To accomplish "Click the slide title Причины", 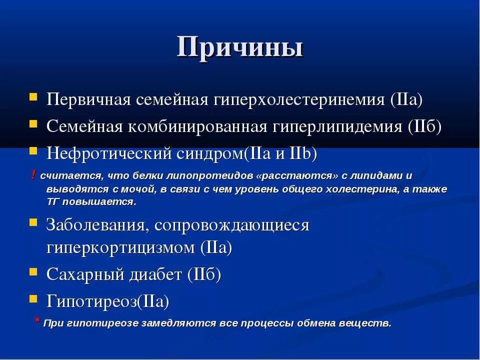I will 240,47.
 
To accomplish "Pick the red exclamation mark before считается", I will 33,174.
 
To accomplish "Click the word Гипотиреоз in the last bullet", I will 91,301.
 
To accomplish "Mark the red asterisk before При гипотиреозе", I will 37,321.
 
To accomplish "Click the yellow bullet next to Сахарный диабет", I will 33,271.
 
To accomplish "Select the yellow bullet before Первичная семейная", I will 33,96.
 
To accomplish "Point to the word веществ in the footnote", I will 372,323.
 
